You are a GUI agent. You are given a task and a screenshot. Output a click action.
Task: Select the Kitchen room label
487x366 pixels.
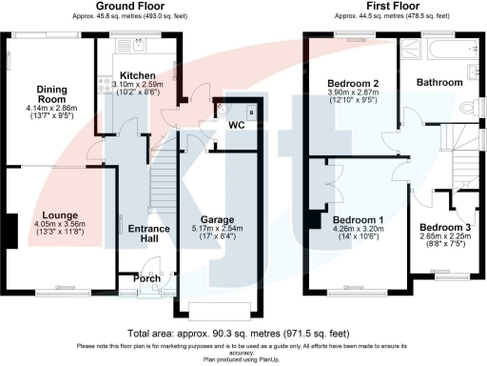click(x=137, y=74)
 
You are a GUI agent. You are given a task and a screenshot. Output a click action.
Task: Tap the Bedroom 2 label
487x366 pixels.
click(x=353, y=84)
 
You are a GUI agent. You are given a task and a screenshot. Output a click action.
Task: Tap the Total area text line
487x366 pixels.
click(x=243, y=334)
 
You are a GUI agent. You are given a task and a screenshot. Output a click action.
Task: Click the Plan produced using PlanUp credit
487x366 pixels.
click(x=243, y=360)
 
